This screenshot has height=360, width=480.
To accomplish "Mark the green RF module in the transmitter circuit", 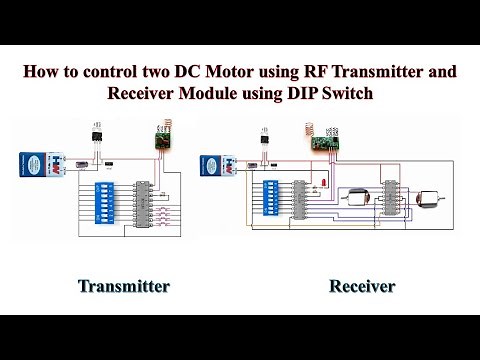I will point(159,140).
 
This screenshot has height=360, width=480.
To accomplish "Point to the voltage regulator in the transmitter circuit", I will point(98,135).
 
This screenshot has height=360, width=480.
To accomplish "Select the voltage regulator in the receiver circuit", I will point(265,139).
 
